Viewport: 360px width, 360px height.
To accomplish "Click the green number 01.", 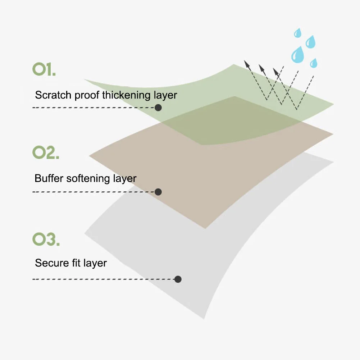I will click(x=44, y=69).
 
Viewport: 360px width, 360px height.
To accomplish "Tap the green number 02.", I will click(x=45, y=153).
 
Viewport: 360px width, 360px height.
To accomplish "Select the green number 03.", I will click(x=45, y=240).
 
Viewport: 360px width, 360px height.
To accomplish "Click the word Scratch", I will click(x=53, y=95).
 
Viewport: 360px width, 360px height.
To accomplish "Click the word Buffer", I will click(x=47, y=178).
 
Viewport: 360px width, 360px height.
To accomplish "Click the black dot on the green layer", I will click(x=158, y=108).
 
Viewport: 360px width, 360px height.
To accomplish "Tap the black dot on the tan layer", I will click(x=158, y=192).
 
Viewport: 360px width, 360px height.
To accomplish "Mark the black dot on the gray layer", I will click(x=177, y=279).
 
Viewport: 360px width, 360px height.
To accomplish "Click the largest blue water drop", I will click(x=298, y=55).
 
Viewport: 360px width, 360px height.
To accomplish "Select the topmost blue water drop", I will click(x=297, y=33).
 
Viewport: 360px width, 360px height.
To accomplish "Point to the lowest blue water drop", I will click(x=314, y=63).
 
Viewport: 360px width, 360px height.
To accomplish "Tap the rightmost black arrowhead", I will click(x=277, y=72).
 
